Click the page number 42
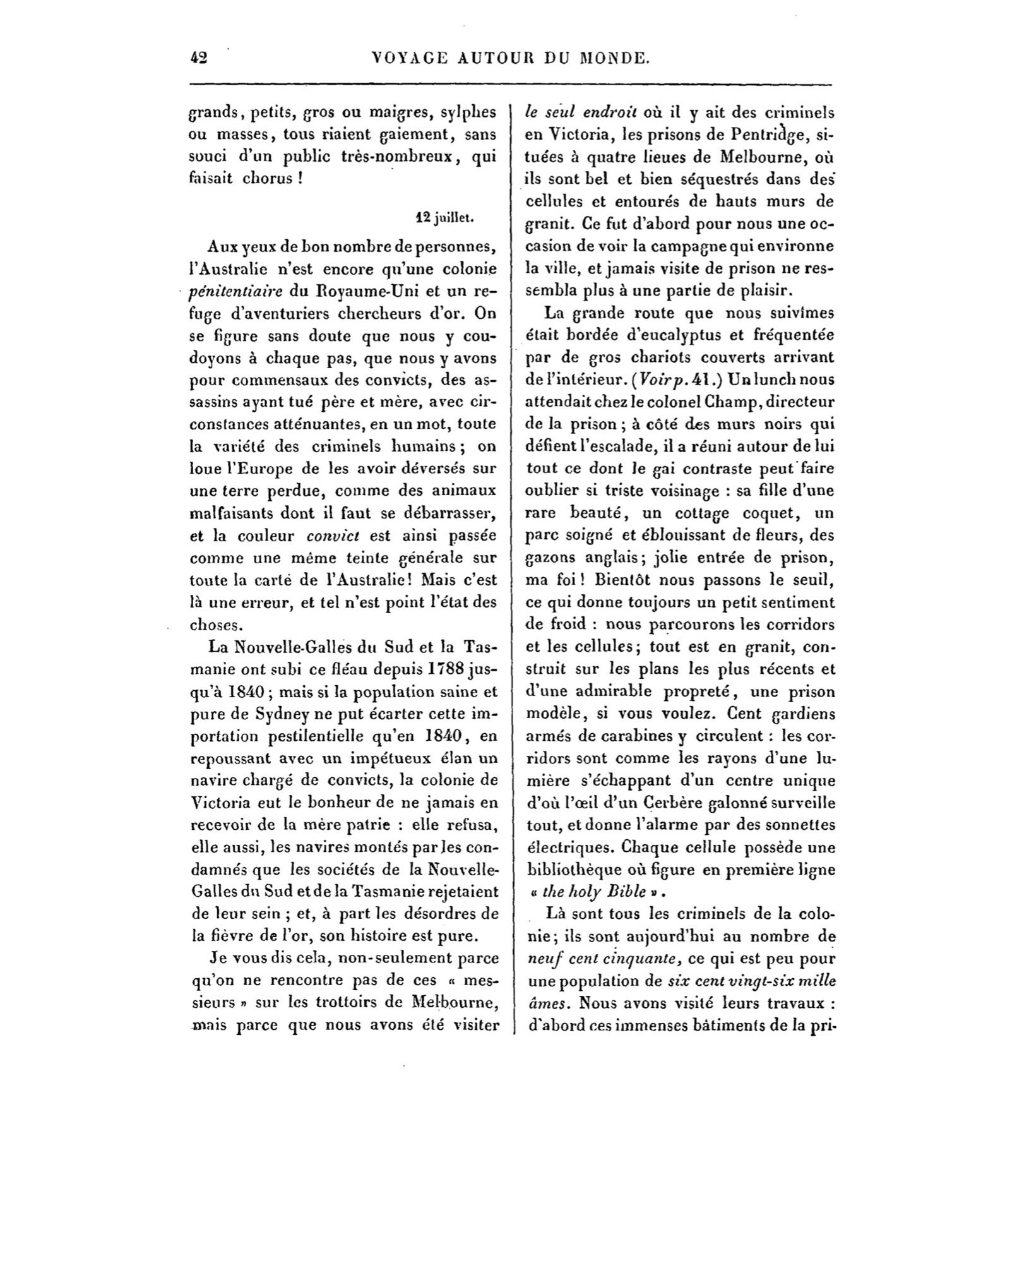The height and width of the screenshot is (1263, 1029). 199,58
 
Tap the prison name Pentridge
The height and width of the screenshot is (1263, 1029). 763,135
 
